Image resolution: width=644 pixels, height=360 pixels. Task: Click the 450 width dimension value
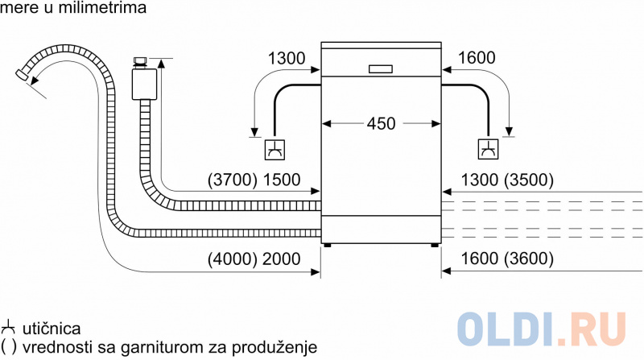coord(381,124)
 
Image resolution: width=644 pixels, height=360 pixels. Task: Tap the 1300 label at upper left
coord(286,58)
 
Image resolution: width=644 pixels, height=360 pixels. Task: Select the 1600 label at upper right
coord(476,58)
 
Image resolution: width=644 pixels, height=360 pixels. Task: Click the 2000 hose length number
coord(280,259)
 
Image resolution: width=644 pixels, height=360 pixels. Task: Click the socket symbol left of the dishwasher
coord(275,149)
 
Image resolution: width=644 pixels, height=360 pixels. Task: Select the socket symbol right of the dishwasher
coord(488,149)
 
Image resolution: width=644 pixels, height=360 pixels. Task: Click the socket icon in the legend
coord(9,329)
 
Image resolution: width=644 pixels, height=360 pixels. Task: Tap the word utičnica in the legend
coord(51,329)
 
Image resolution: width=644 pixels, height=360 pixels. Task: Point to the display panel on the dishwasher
coord(381,68)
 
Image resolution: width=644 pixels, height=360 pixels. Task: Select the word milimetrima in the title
coord(110,10)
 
